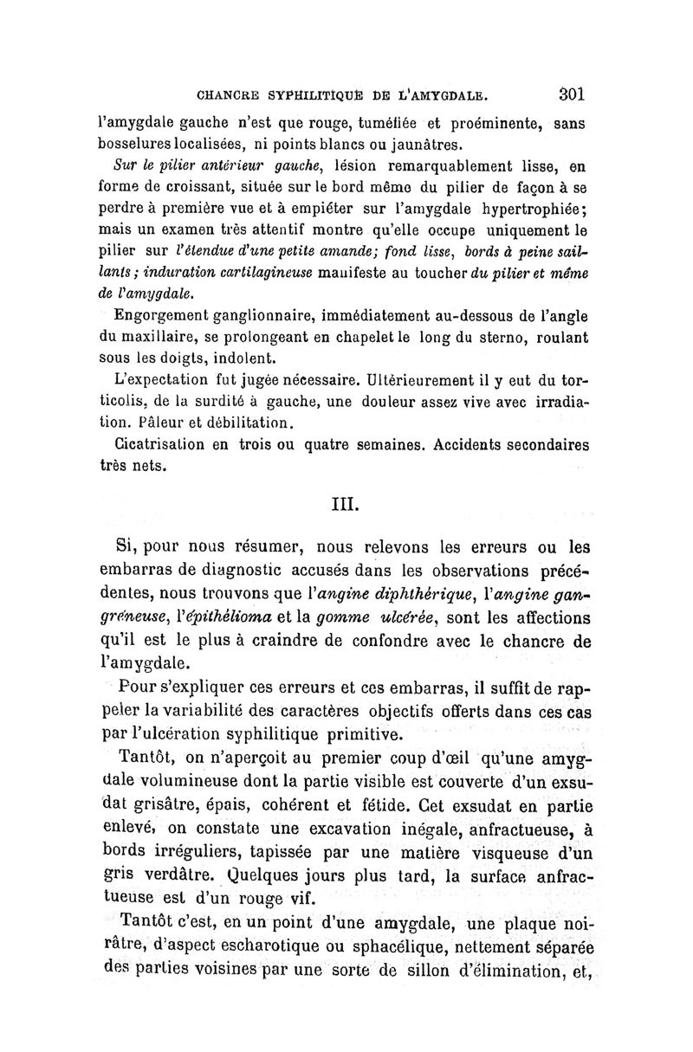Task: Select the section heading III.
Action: pos(347,502)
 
